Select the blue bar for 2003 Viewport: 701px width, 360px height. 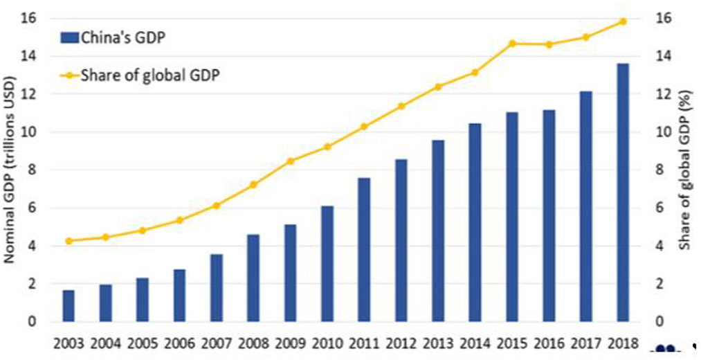click(x=69, y=305)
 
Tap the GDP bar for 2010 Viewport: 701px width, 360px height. click(x=327, y=264)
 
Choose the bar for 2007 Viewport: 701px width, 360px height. click(x=217, y=287)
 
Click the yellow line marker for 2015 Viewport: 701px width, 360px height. click(x=512, y=43)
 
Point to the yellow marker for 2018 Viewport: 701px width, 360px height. click(x=623, y=21)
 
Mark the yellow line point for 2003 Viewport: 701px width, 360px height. click(x=69, y=241)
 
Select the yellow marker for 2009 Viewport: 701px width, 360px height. click(x=291, y=161)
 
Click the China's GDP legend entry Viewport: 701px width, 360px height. click(x=118, y=37)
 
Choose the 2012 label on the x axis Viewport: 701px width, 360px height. click(x=401, y=342)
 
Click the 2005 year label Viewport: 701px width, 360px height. click(x=143, y=342)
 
